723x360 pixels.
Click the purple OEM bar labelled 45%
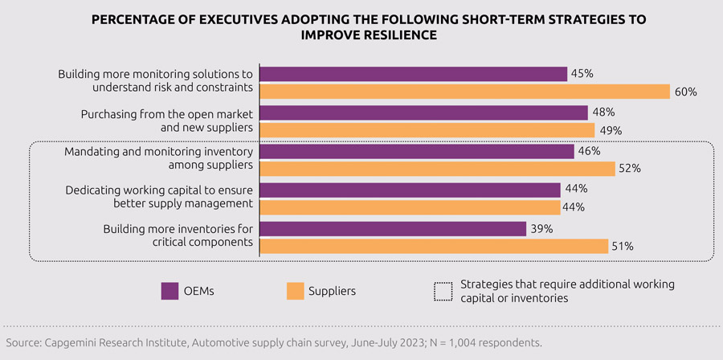click(414, 74)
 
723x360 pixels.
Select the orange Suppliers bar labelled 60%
click(465, 91)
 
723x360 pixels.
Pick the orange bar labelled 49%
click(427, 130)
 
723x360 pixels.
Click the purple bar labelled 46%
click(417, 151)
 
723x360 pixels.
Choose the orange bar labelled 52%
click(438, 169)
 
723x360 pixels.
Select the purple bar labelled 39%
click(393, 229)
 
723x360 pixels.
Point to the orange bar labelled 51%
click(434, 246)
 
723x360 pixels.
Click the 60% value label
click(685, 92)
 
